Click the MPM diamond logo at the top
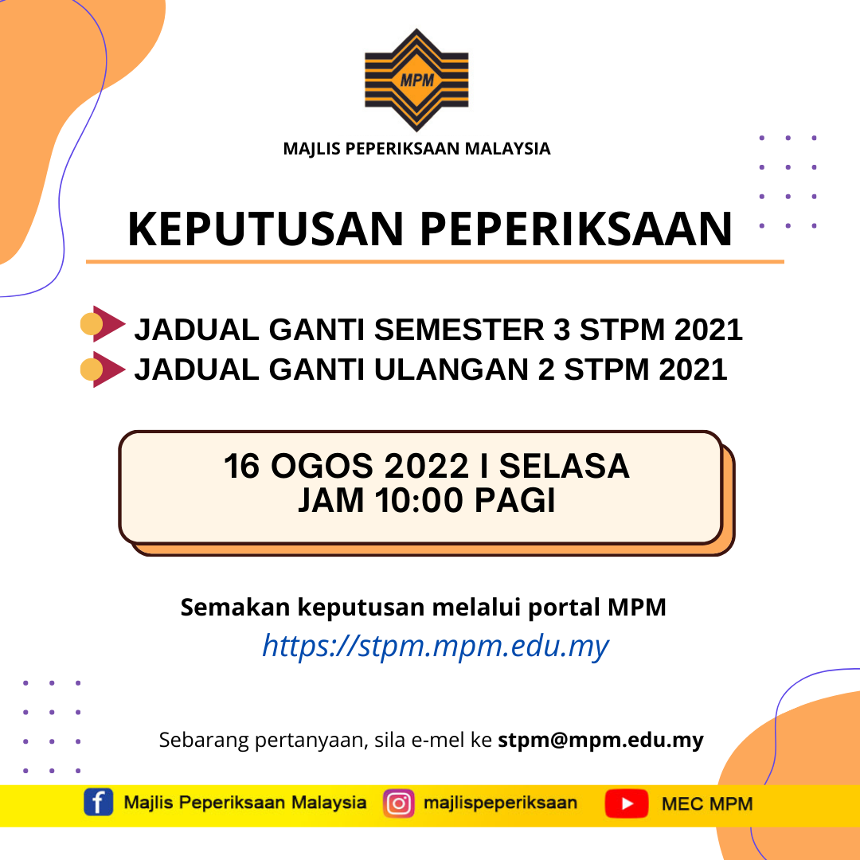click(x=416, y=80)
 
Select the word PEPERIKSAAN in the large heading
click(x=576, y=229)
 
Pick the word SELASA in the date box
click(x=564, y=467)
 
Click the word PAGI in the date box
click(x=515, y=502)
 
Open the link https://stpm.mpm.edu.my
click(x=435, y=645)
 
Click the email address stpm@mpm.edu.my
click(x=600, y=740)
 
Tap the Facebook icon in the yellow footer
click(x=98, y=803)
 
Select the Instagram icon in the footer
click(x=399, y=803)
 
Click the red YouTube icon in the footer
click(x=626, y=803)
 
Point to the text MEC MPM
click(x=707, y=803)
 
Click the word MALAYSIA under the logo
click(x=510, y=148)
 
